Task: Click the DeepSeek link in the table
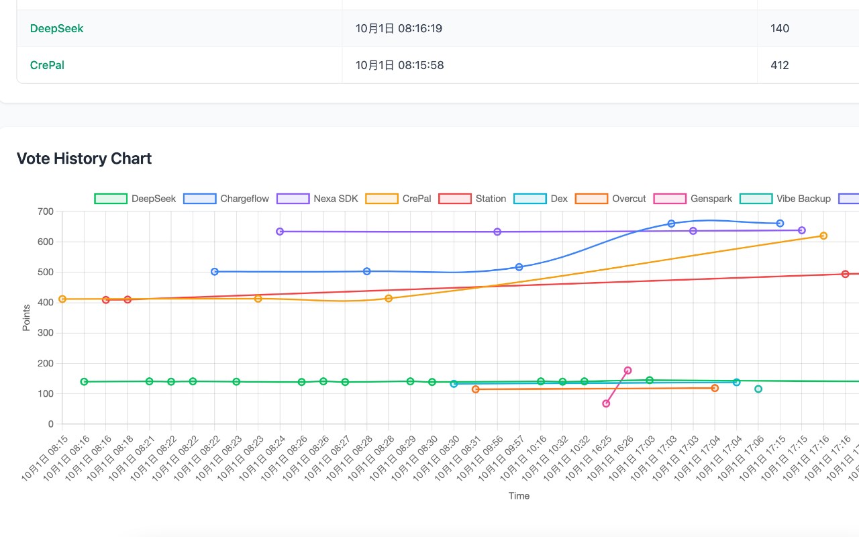[57, 29]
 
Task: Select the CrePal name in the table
[48, 65]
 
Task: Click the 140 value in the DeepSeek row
[780, 29]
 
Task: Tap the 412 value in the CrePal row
[780, 65]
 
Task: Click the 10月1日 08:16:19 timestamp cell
[399, 29]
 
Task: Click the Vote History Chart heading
[84, 158]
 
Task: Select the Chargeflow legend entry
[226, 199]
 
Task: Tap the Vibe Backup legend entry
[786, 199]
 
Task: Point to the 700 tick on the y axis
[46, 211]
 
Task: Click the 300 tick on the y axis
[46, 333]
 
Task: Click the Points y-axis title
[26, 318]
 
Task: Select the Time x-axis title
[519, 496]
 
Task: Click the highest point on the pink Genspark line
[627, 371]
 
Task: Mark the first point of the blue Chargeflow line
[215, 272]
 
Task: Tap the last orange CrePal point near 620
[823, 236]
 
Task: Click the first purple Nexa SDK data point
[280, 232]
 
